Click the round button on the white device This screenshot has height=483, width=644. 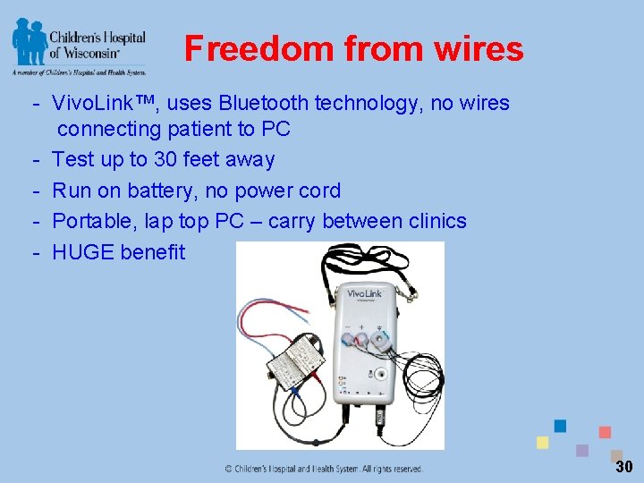(x=381, y=374)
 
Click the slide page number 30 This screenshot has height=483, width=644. (x=623, y=466)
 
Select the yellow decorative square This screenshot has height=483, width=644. (x=542, y=443)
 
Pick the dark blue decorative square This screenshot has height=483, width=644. (x=560, y=426)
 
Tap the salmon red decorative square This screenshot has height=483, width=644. (x=605, y=432)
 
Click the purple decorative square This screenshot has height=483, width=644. (x=582, y=451)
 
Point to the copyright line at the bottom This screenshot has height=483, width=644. (x=324, y=468)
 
